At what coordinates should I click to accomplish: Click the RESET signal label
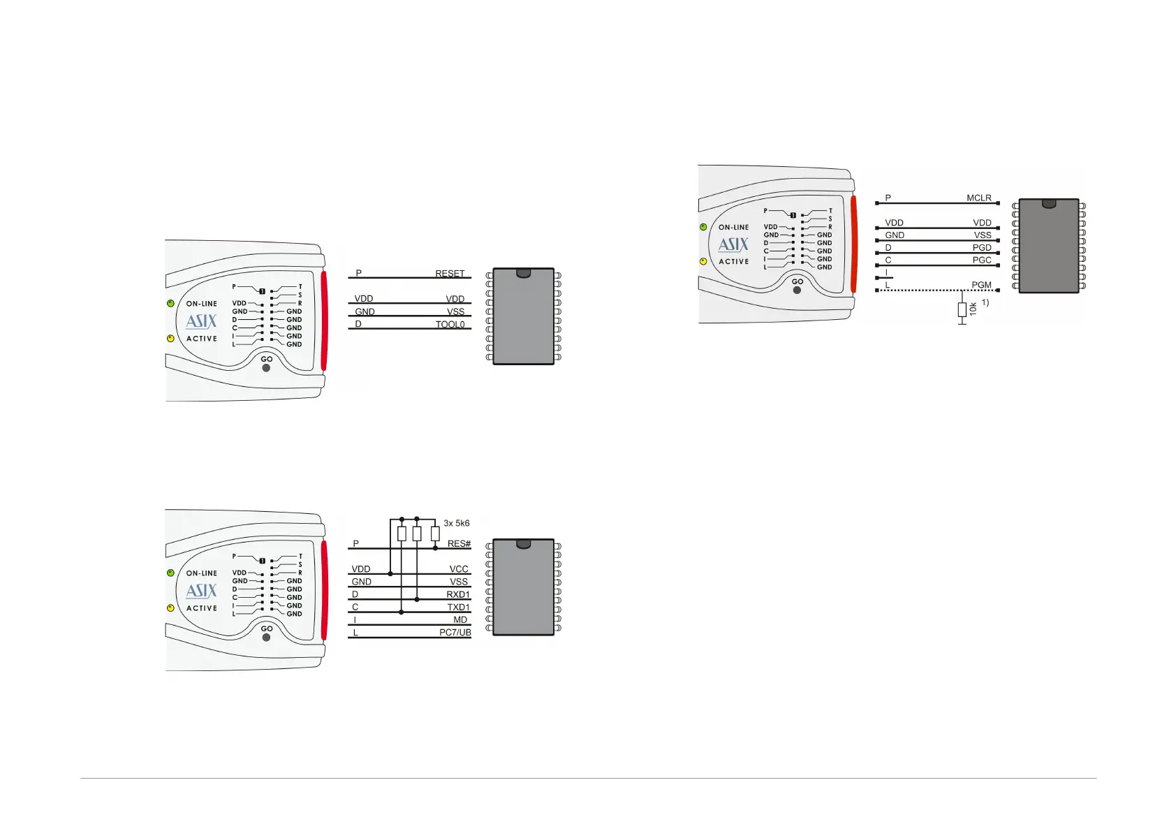[450, 274]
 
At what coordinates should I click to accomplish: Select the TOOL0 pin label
[450, 324]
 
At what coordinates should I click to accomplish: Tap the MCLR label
[978, 198]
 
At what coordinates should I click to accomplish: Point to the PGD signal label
[981, 247]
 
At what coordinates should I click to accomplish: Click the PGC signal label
[981, 260]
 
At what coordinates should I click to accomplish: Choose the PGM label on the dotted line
[981, 285]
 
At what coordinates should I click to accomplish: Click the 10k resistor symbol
[962, 309]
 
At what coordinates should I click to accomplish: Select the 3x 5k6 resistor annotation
[457, 523]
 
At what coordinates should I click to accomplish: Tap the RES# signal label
[459, 543]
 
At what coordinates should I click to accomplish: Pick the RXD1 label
[458, 594]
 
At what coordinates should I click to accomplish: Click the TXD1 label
[458, 607]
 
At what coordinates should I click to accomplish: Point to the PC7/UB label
[455, 632]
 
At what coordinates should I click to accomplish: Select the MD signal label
[460, 619]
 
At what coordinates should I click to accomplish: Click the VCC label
[459, 569]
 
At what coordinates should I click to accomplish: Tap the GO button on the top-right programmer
[797, 290]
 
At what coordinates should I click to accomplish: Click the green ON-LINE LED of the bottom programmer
[170, 573]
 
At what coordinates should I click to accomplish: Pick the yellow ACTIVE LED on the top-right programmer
[703, 262]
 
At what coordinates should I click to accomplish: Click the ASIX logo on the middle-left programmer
[201, 321]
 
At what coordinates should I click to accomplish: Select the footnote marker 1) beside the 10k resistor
[985, 302]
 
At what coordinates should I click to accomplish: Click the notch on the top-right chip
[1048, 204]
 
